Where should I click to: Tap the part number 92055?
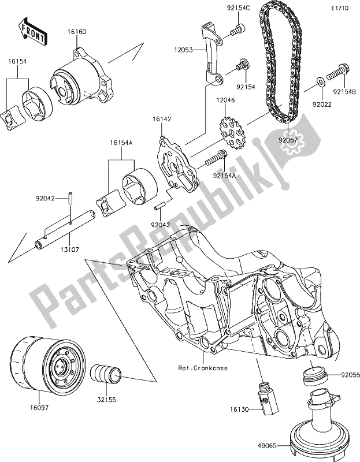tap(347, 374)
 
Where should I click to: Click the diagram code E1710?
tap(340, 9)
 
